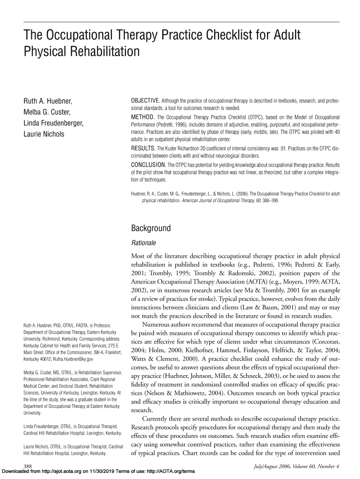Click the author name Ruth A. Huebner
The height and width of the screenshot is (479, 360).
pos(48,101)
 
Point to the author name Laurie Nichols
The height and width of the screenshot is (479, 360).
pos(44,135)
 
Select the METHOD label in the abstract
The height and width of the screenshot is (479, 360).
pos(142,116)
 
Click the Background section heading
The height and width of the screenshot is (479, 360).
pos(151,229)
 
